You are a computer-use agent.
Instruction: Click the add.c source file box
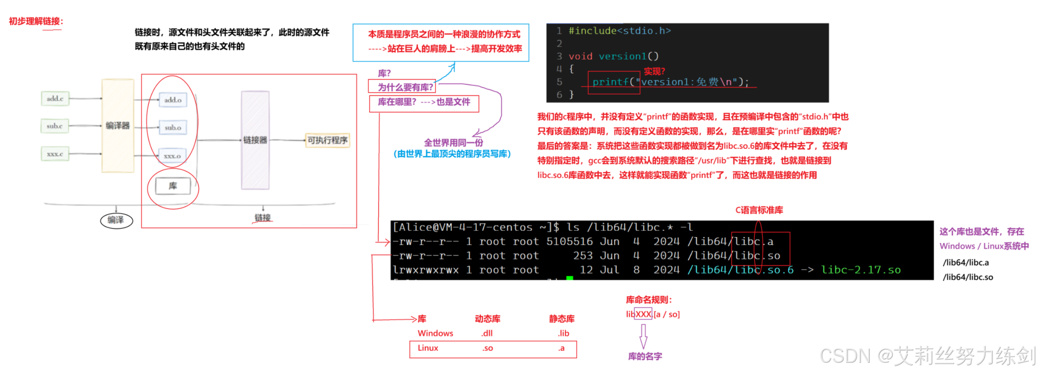55,99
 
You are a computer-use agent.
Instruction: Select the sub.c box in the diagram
55,126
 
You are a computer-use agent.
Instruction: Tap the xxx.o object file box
172,156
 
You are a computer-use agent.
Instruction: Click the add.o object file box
173,100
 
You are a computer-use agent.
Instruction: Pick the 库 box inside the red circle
173,186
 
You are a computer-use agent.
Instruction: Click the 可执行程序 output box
327,140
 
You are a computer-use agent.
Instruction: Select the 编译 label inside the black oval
116,220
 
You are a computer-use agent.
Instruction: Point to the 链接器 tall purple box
255,140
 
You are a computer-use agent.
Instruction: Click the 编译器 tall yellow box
118,126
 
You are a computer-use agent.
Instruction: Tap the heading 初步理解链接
36,21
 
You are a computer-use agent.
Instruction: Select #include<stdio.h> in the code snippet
619,31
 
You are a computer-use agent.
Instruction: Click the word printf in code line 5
610,82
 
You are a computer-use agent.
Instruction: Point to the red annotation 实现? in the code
654,71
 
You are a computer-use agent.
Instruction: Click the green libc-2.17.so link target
860,270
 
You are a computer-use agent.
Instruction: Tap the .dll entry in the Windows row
487,333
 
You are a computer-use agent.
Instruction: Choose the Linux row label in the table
428,348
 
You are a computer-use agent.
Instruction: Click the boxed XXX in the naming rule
643,314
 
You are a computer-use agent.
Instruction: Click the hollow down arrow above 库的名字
643,336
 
